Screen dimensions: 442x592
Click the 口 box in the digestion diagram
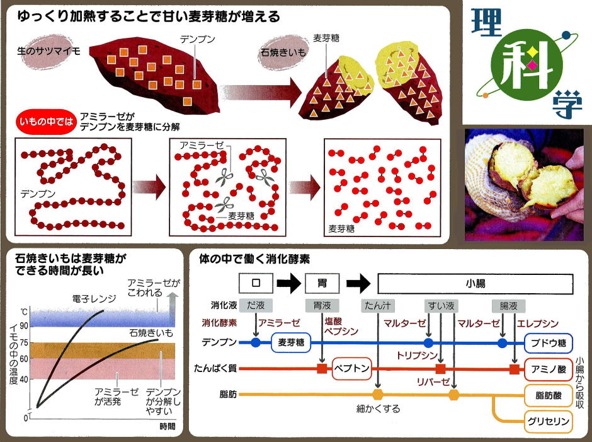254,282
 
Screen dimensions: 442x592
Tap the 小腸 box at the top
475,282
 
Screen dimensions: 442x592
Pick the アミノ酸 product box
548,368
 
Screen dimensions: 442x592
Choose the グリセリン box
548,421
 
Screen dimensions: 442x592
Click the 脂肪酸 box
548,395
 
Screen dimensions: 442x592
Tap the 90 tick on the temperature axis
23,325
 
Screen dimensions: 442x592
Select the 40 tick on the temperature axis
23,379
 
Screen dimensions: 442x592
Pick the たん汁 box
378,306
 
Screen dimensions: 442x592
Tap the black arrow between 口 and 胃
288,282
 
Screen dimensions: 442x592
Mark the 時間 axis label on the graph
166,426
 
